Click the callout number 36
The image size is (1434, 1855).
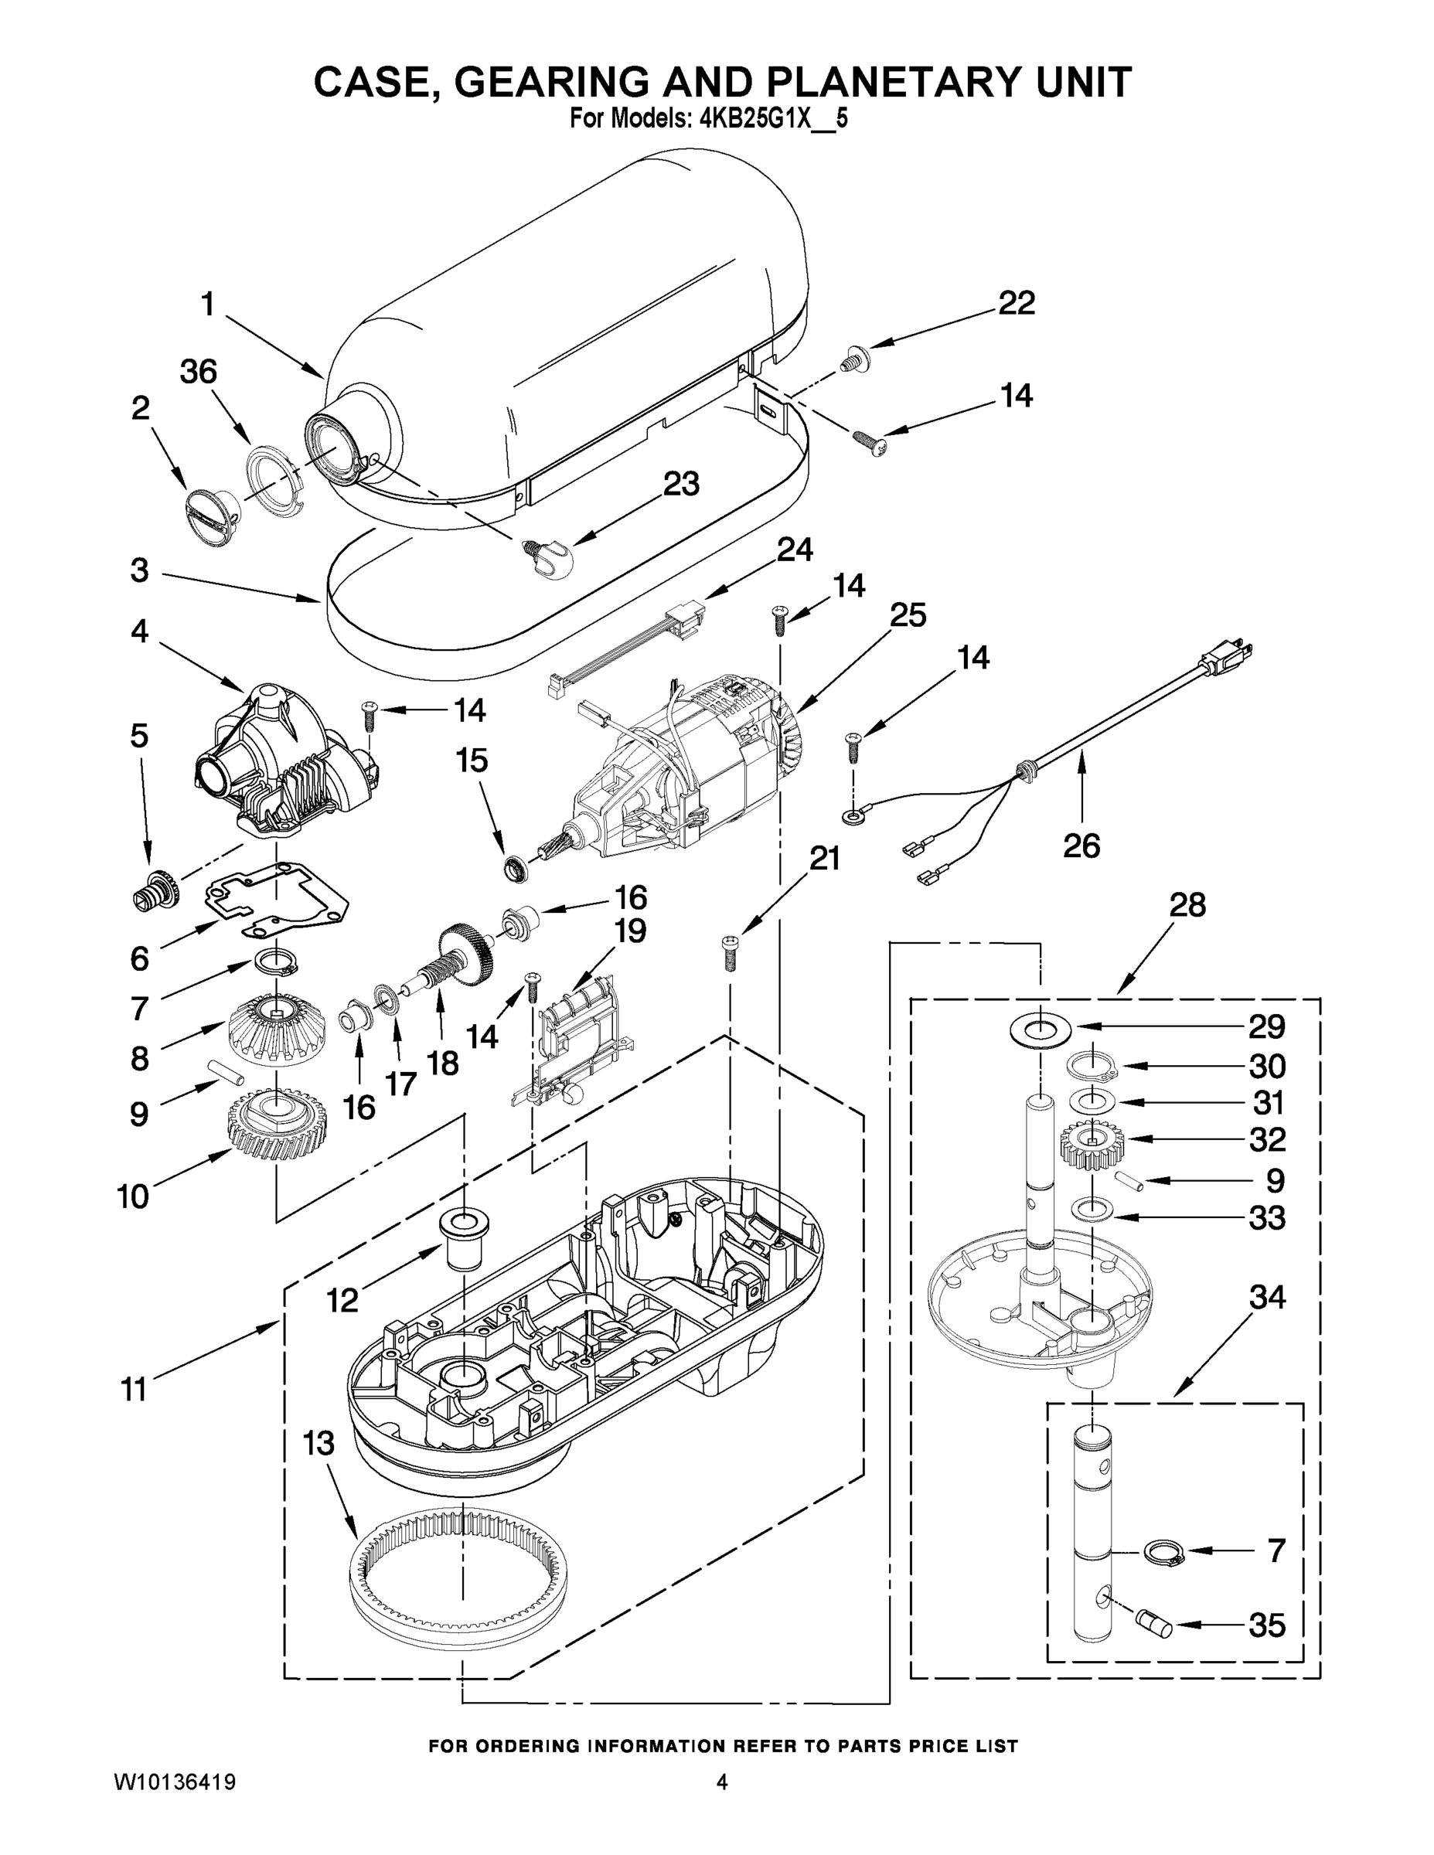pos(198,372)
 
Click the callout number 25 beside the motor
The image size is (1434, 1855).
pos(908,616)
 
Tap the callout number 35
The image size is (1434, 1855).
pos(1265,1625)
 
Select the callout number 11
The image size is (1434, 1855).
pos(135,1390)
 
